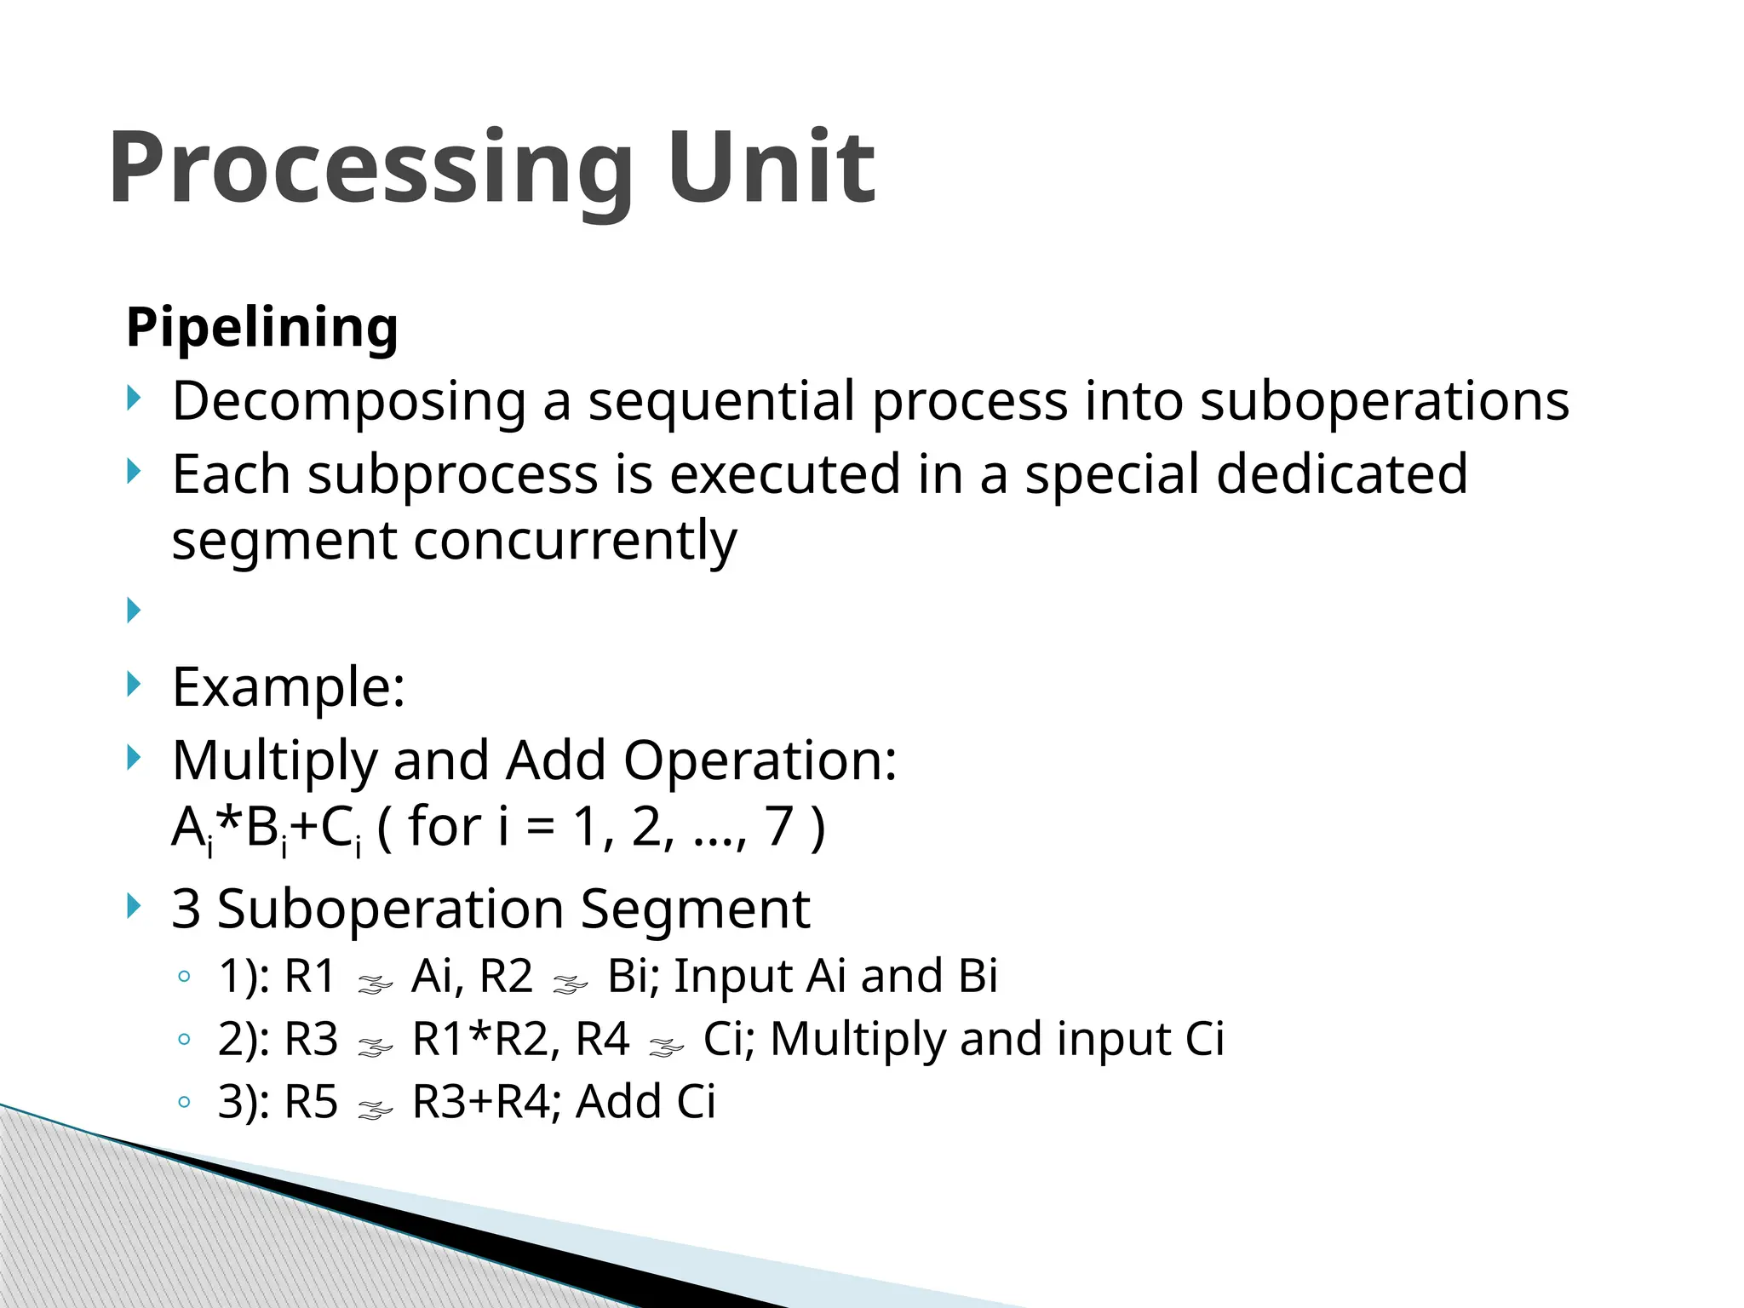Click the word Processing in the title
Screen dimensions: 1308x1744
(x=370, y=168)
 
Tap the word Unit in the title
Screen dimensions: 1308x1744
(x=771, y=168)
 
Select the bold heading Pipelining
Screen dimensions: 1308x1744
(x=261, y=327)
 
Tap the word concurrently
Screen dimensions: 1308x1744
(x=575, y=542)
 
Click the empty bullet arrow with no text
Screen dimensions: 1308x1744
(x=134, y=610)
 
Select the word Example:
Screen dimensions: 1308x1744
(x=288, y=687)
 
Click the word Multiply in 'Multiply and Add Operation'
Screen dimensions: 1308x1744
(x=274, y=761)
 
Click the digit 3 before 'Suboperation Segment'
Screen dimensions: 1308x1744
(x=186, y=909)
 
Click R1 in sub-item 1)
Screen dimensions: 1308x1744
(x=310, y=977)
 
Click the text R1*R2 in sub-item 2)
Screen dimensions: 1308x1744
(x=484, y=1040)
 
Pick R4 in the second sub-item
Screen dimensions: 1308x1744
(x=602, y=1040)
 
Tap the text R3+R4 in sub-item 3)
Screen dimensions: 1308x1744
(x=481, y=1103)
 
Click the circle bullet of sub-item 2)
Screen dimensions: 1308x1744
(x=184, y=1040)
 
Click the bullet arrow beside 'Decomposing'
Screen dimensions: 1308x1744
(x=134, y=398)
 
